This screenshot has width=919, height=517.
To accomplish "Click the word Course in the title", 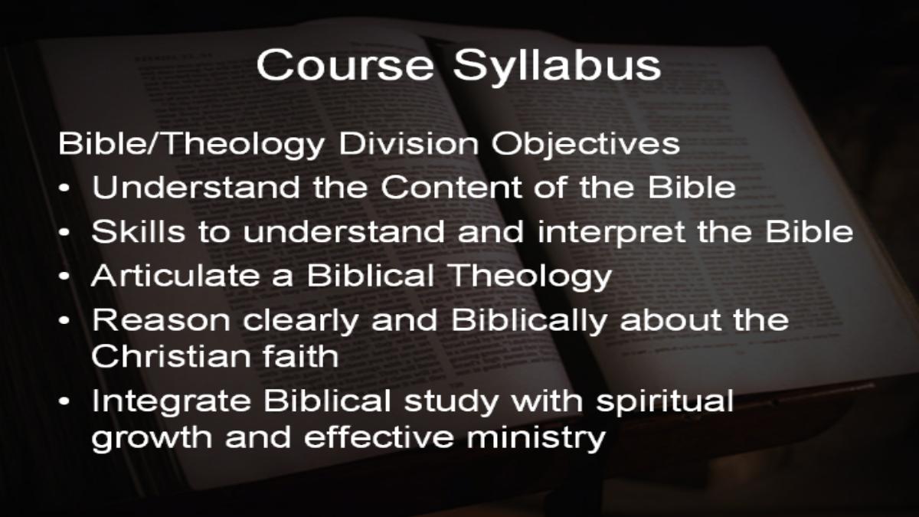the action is click(345, 65).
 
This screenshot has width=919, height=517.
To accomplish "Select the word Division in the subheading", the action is click(408, 144).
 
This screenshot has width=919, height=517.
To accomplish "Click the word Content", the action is click(450, 188).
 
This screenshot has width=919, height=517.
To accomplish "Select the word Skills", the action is click(139, 231).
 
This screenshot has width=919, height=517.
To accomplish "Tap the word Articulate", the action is click(175, 275).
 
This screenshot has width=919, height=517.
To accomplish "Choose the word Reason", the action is click(161, 320).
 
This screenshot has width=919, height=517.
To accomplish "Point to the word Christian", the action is click(170, 355).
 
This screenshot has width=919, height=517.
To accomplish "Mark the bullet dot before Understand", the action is click(64, 188).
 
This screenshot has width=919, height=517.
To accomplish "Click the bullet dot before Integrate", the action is click(64, 401).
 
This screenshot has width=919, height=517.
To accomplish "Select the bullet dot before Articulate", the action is click(64, 276).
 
